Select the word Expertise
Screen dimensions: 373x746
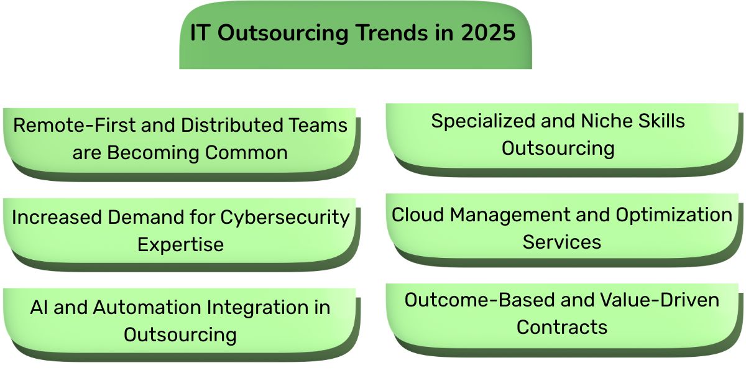(x=180, y=244)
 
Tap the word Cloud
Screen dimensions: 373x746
(x=417, y=214)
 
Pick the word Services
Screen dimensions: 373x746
(x=562, y=242)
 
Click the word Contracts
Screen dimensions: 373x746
(x=562, y=327)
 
